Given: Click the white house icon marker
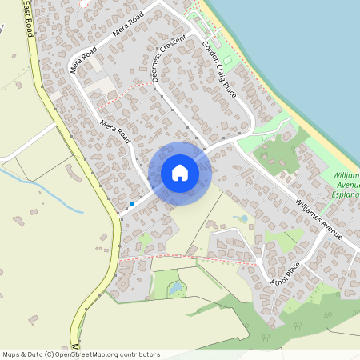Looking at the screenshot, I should coord(180,173).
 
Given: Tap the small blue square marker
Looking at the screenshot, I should coord(132,204).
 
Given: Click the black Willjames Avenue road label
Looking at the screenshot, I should coord(318,218).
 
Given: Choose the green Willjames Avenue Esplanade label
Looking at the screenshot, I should coord(345,184).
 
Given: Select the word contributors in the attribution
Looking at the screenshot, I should coord(138,354).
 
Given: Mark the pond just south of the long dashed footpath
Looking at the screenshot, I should coord(174,288).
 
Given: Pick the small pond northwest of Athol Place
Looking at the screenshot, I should coord(241,218).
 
